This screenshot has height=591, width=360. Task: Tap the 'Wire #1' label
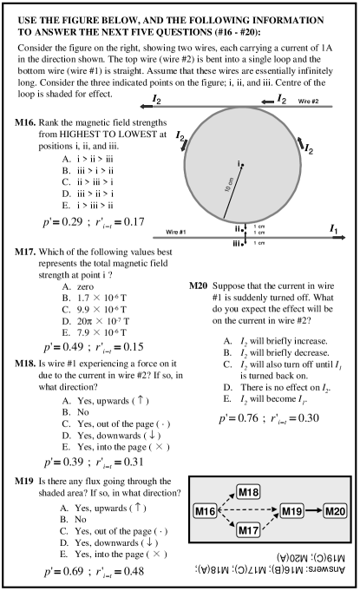(x=167, y=232)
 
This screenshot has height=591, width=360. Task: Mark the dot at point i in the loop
(x=243, y=164)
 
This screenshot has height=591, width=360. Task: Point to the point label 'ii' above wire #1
(x=239, y=227)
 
